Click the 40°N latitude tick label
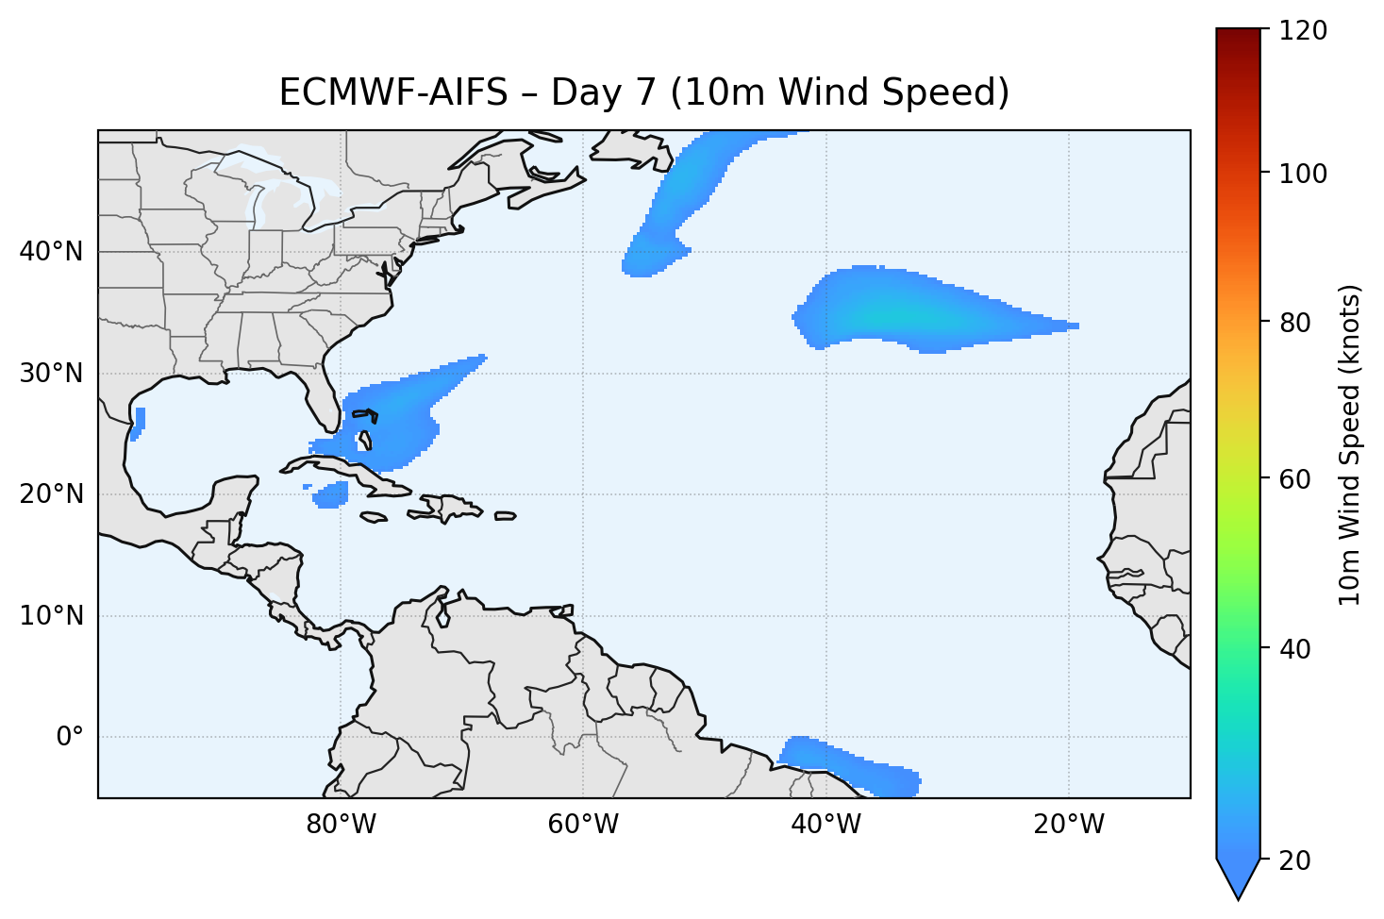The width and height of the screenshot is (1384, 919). [x=51, y=252]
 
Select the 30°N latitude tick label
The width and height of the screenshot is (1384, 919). [x=51, y=374]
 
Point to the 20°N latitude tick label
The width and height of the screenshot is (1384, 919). [x=51, y=494]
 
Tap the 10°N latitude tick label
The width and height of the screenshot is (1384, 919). [x=51, y=616]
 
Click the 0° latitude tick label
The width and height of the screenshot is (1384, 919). [x=70, y=737]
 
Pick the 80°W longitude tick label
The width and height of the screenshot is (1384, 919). [x=341, y=825]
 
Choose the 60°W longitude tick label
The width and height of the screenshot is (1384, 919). [x=583, y=825]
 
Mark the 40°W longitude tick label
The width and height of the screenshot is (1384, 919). [x=825, y=825]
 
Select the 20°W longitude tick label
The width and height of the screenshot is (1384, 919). [x=1068, y=825]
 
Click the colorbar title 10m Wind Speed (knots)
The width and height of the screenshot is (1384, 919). [x=1350, y=444]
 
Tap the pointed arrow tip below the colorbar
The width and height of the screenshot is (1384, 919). [x=1239, y=892]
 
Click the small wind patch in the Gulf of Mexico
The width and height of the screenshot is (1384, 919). [x=140, y=422]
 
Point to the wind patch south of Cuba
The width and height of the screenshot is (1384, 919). [x=331, y=494]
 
